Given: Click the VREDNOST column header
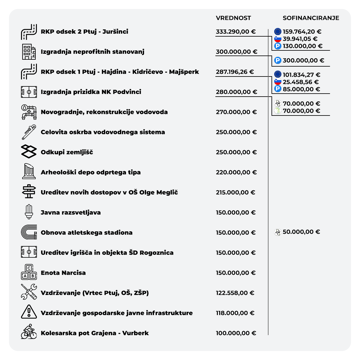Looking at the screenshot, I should click(233, 18).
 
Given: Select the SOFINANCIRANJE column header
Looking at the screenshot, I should click(311, 18).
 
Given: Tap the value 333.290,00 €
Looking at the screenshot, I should click(235, 31).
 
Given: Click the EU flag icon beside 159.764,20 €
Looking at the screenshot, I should click(278, 31).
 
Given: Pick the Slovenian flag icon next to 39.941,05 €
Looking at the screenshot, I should click(278, 39).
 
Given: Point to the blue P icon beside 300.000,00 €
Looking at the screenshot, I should click(278, 60).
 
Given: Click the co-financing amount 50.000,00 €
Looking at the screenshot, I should click(301, 232).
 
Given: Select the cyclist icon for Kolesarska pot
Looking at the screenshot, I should click(29, 331).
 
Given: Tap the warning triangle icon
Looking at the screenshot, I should click(29, 312).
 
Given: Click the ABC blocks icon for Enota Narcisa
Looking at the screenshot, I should click(29, 272).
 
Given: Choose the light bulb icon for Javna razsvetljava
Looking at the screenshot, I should click(29, 212).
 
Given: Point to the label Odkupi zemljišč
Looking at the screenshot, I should click(67, 152).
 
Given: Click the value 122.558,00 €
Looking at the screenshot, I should click(235, 293).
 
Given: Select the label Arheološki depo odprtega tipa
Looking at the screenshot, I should click(91, 172).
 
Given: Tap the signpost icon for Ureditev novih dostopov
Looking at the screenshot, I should click(29, 191).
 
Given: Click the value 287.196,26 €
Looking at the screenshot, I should click(235, 72).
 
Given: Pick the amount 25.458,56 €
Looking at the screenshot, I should click(301, 82).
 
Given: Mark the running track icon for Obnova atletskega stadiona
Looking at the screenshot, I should click(29, 232).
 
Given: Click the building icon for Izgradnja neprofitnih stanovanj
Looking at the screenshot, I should click(29, 52).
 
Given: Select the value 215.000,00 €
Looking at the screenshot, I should click(235, 192).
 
